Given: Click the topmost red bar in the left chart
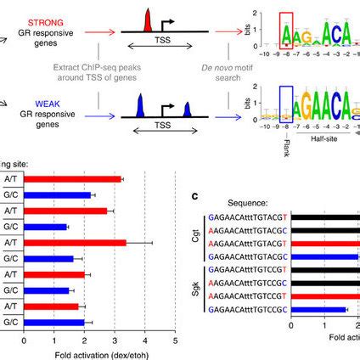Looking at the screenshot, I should click(x=73, y=179).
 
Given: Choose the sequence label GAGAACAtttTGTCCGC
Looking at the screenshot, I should click(x=249, y=310).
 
